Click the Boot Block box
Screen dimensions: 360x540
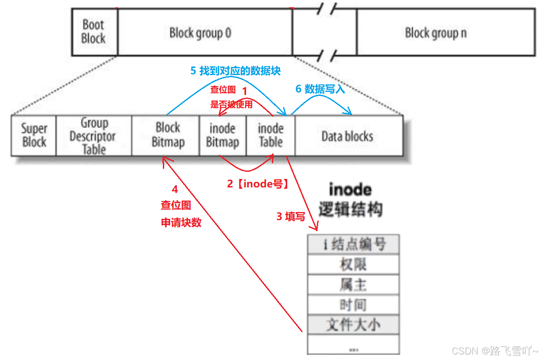coord(94,32)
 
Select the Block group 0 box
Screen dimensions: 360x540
coord(200,33)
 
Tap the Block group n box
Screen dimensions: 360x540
coord(436,33)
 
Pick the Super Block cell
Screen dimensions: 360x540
coord(34,135)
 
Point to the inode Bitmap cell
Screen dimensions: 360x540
coord(222,135)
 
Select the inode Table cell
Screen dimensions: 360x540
coord(271,135)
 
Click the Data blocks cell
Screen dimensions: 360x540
coord(347,136)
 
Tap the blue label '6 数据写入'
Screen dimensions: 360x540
coord(320,89)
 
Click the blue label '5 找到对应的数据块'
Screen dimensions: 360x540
coord(235,71)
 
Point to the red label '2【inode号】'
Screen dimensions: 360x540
coord(258,184)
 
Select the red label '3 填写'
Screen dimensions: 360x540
coord(291,217)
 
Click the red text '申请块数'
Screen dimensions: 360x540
coord(181,223)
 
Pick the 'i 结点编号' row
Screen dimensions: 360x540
coord(353,244)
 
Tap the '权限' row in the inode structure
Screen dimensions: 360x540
coord(353,265)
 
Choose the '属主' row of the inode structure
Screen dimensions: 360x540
coord(353,285)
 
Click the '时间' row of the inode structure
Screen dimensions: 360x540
coord(353,304)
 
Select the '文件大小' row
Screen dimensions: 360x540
coord(353,324)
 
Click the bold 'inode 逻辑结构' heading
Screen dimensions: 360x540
coord(350,200)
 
